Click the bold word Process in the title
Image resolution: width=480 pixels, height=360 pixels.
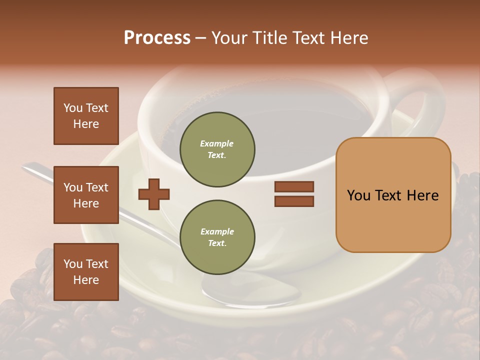157,38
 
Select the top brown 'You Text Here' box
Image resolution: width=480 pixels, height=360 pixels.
86,116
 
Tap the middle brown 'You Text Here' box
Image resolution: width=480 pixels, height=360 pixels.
86,195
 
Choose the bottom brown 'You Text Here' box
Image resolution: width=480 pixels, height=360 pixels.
86,271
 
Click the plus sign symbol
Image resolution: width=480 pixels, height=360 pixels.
154,194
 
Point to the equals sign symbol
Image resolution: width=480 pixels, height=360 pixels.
294,194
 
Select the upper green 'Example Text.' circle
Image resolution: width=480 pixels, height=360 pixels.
217,149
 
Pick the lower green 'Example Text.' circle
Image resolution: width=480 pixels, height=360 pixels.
217,237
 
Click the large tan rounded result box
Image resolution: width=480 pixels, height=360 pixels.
393,195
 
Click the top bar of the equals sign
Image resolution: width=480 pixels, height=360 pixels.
294,186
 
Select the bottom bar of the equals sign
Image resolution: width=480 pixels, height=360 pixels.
294,201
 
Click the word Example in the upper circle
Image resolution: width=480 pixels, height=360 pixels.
216,144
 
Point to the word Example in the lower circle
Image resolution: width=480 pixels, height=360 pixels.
217,232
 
